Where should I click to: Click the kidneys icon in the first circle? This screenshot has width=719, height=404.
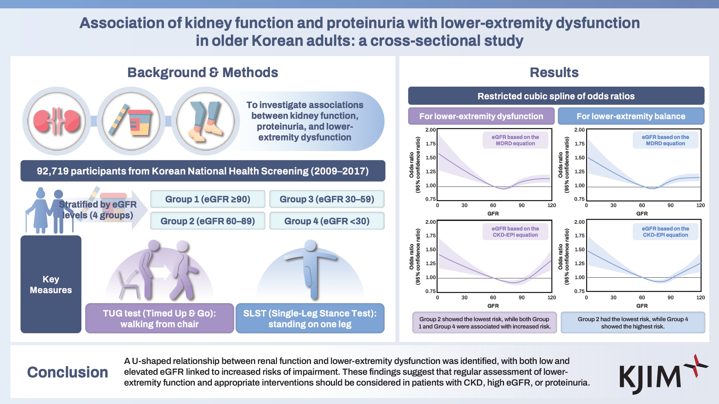tap(57, 121)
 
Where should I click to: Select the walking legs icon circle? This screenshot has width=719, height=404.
tap(206, 121)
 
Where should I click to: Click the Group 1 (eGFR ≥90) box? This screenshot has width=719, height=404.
tap(208, 199)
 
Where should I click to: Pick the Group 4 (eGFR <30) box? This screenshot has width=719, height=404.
tap(327, 221)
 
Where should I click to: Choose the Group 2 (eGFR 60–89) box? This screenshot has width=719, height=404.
tap(208, 221)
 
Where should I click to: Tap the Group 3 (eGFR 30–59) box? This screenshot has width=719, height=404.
tap(327, 199)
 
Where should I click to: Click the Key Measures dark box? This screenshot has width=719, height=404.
tap(51, 284)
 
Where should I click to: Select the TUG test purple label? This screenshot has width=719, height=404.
tap(159, 318)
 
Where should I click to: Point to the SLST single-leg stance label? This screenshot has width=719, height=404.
tap(310, 318)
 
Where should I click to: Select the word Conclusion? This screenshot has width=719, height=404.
tap(67, 372)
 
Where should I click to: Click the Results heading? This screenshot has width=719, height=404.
tap(554, 72)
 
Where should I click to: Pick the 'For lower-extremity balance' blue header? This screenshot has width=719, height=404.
tap(631, 116)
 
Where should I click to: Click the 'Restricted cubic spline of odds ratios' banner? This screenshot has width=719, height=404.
tap(556, 96)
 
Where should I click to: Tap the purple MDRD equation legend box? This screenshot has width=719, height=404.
tap(515, 140)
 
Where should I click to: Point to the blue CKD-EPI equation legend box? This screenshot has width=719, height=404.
tap(665, 232)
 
